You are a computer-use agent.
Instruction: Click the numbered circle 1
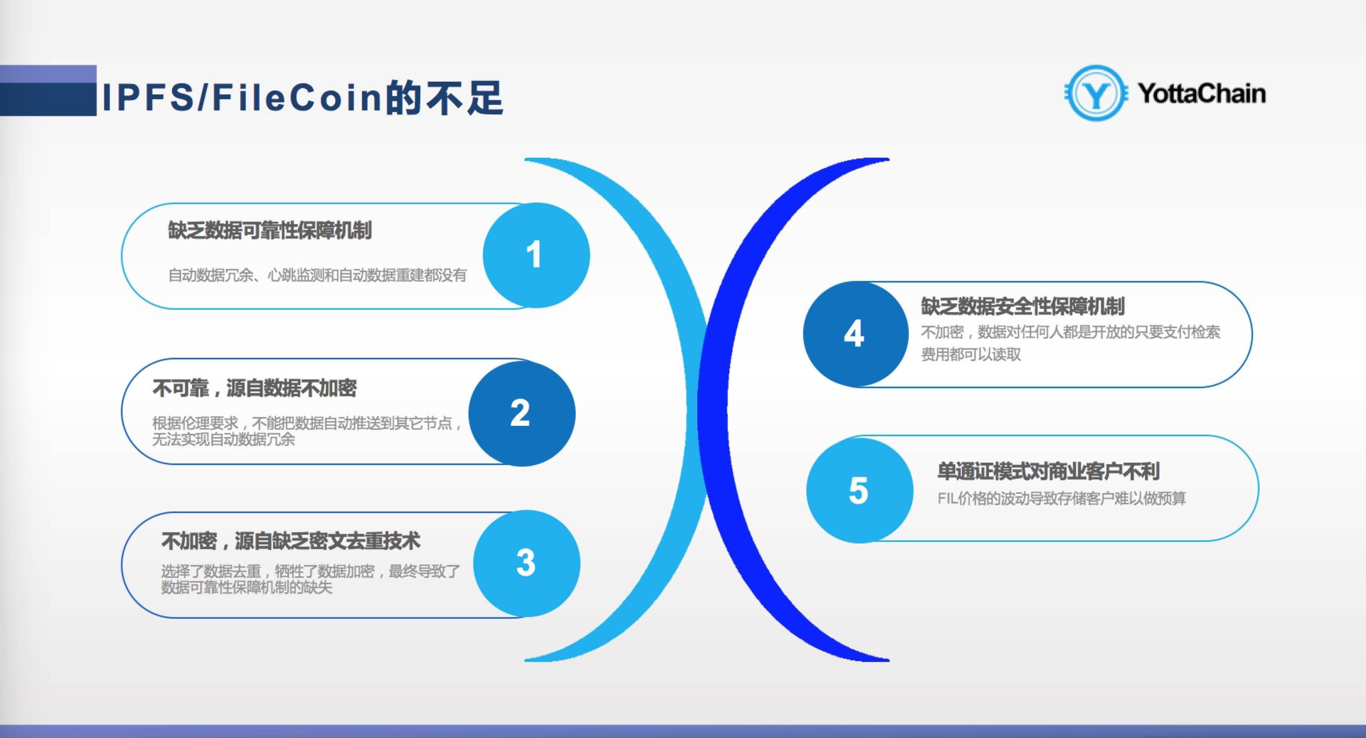[536, 255]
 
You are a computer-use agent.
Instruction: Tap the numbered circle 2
[522, 413]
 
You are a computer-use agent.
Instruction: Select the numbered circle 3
[526, 563]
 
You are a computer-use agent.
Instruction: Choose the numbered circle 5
[860, 490]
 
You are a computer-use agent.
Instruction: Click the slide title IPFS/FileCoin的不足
[302, 98]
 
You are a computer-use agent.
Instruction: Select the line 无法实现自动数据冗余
[223, 439]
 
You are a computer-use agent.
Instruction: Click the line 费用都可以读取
[971, 355]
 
